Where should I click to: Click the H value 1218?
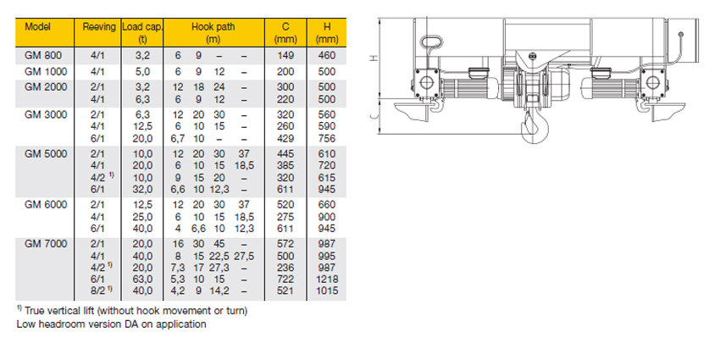(326, 279)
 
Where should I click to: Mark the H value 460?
(326, 55)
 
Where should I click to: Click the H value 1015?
(326, 291)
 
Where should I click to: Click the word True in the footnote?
(37, 312)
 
